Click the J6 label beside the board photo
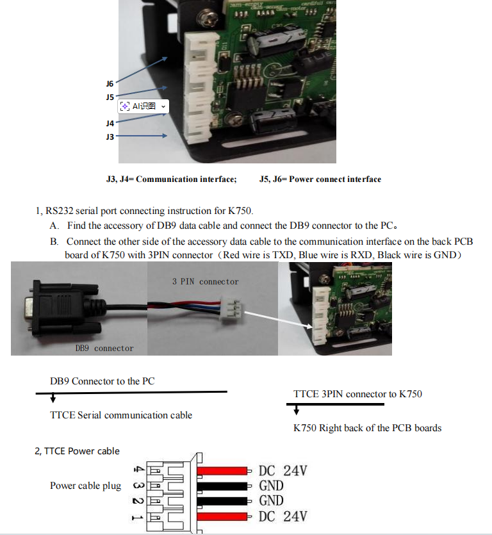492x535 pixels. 110,84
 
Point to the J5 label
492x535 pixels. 110,97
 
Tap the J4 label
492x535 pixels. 110,123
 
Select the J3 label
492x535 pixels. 110,136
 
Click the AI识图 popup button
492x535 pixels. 142,106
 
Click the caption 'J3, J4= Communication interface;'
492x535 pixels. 171,179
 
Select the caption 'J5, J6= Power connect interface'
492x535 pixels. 320,179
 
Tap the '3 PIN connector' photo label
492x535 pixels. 205,281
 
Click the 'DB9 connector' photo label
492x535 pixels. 104,348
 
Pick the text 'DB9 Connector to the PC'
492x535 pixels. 102,381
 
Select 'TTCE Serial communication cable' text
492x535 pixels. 121,415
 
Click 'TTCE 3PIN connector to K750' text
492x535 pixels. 357,394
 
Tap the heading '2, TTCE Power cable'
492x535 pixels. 77,451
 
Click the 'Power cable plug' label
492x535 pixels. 85,486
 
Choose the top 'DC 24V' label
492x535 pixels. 283,471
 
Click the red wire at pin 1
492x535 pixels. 222,516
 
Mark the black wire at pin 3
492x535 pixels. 222,486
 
